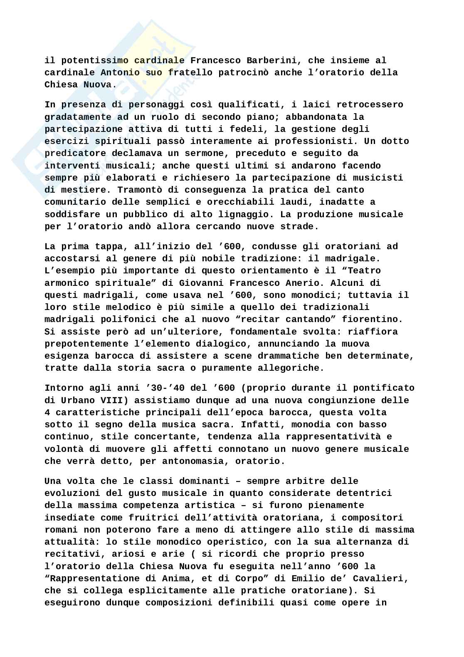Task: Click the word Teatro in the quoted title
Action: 364,271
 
